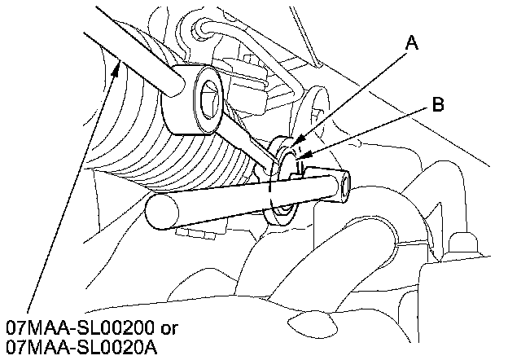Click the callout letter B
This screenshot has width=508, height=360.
point(437,103)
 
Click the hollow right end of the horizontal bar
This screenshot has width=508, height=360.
point(343,187)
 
